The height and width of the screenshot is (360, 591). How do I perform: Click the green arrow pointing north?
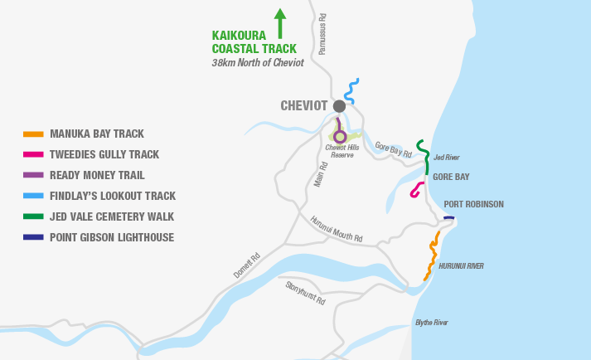(279, 23)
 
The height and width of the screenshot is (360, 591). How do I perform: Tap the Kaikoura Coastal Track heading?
(254, 42)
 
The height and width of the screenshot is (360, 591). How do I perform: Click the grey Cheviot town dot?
(339, 106)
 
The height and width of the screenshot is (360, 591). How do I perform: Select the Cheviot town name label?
(305, 106)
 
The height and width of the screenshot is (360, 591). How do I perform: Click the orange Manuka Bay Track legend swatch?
(33, 134)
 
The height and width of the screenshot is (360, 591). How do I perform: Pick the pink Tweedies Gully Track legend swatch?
(33, 154)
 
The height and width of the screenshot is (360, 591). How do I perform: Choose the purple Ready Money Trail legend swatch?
(33, 175)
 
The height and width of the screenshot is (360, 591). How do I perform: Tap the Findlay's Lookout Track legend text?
(113, 196)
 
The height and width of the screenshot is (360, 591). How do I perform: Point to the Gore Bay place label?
(451, 178)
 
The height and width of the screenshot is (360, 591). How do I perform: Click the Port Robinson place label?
(473, 204)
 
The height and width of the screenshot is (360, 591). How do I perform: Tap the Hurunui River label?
(461, 266)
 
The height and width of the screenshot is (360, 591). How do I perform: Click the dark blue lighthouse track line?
(448, 218)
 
